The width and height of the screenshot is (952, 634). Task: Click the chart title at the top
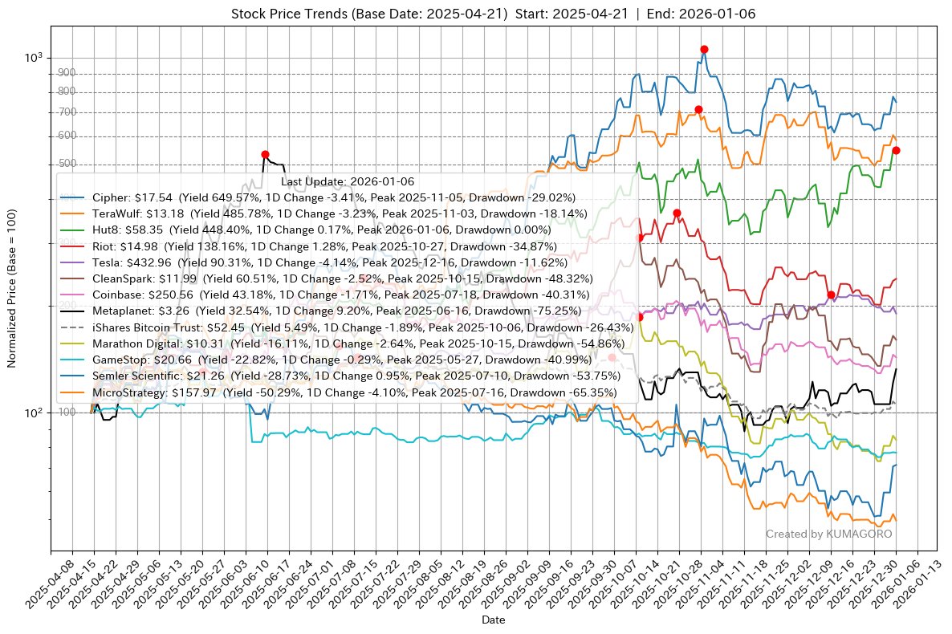coord(493,14)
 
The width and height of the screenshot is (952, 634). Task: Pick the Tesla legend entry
coord(330,262)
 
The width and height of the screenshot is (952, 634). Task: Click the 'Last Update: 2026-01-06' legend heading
coord(347,182)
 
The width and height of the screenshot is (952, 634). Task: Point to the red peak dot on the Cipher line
coord(704,50)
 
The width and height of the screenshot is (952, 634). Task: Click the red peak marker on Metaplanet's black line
coord(265,154)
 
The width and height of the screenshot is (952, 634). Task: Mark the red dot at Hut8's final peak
coord(896,151)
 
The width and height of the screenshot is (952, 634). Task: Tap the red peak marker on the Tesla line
coord(831,295)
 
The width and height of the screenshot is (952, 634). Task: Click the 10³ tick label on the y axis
coord(35,58)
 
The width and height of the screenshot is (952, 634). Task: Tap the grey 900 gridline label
coord(67,73)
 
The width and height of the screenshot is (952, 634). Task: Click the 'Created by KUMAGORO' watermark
coord(828,534)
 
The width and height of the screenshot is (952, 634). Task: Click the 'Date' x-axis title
coord(493,620)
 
